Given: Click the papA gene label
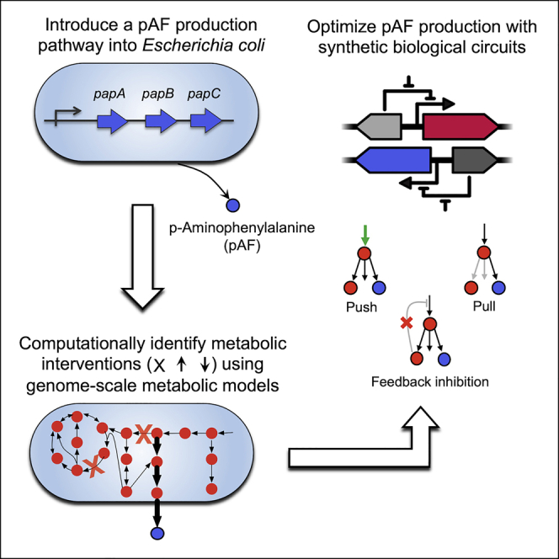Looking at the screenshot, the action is click(x=109, y=94).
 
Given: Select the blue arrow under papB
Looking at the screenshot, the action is click(x=161, y=121).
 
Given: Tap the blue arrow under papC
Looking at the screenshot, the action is click(x=205, y=121).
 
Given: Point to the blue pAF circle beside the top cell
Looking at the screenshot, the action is click(x=233, y=205).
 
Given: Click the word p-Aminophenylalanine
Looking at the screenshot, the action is click(x=242, y=228).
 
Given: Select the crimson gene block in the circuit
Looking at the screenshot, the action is click(x=461, y=126).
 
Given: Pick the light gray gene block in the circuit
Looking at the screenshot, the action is click(x=380, y=126).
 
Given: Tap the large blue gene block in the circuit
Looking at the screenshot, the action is click(x=394, y=160).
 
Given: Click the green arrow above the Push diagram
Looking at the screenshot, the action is click(x=365, y=235).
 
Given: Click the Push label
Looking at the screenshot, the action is click(x=361, y=307).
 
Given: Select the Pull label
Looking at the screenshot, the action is click(x=484, y=306).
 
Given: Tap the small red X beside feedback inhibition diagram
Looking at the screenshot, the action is click(x=407, y=323).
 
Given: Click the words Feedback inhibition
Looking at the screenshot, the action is click(x=430, y=382).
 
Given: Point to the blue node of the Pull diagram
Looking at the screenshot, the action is click(x=498, y=287).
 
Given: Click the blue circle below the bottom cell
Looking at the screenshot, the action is click(x=157, y=534).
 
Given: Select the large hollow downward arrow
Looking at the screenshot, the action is click(x=143, y=256).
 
